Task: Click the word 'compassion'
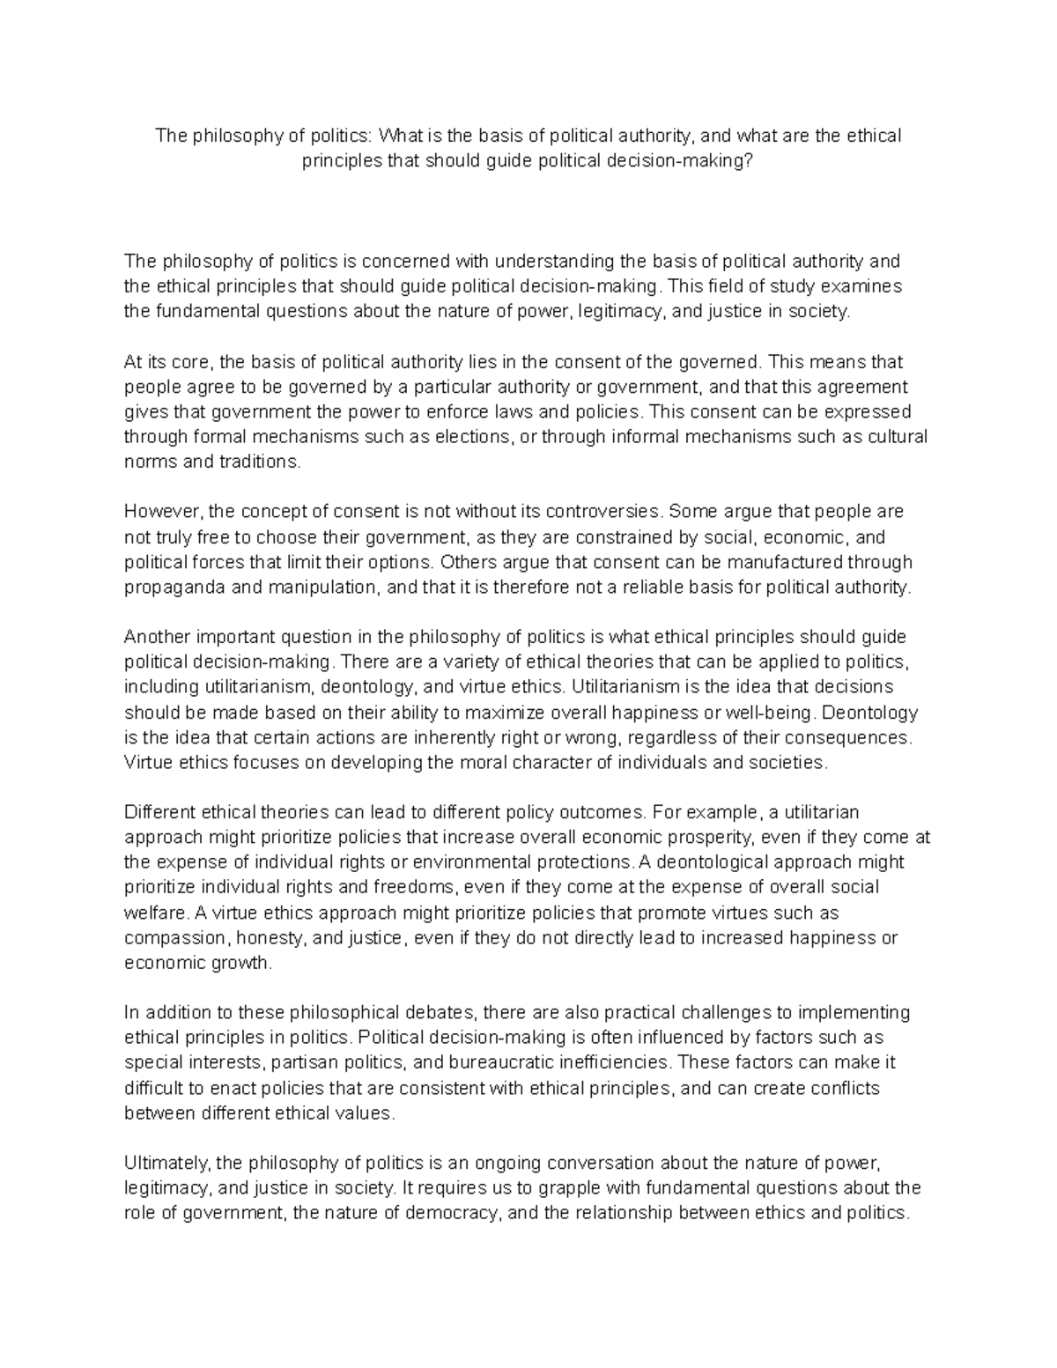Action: click(167, 937)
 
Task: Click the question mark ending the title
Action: click(750, 161)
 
